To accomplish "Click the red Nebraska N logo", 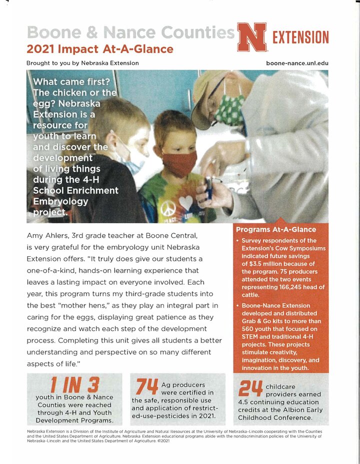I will click(252, 37).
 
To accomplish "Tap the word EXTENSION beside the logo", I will click(300, 37).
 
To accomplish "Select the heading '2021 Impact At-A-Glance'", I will click(100, 49).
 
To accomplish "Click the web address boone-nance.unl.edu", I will click(297, 63).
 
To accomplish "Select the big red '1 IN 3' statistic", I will click(75, 384).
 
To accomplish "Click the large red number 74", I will click(146, 387).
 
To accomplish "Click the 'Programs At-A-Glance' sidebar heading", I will click(276, 230).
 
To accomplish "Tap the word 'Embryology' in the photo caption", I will click(60, 201).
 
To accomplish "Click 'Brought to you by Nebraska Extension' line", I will click(82, 63).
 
